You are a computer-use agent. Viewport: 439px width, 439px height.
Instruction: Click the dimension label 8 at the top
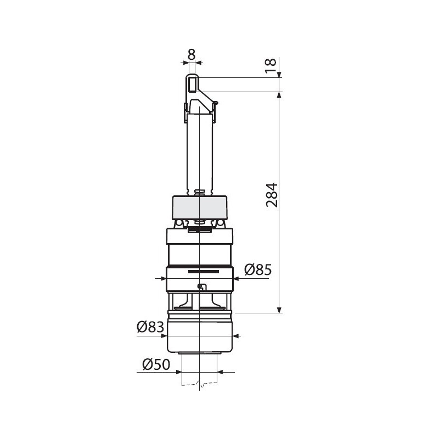coord(192,54)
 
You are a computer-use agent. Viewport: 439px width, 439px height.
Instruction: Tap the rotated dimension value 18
coord(271,65)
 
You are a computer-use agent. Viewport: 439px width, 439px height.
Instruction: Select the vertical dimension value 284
coord(272,195)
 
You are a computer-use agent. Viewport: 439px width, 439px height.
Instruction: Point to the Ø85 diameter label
coord(258,270)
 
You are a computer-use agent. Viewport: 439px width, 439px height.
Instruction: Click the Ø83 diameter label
coord(150,327)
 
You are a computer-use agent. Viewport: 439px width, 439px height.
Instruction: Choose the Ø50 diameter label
coord(156,364)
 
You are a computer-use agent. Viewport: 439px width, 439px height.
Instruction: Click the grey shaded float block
coord(200,207)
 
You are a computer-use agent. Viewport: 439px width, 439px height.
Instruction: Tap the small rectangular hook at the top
coord(192,84)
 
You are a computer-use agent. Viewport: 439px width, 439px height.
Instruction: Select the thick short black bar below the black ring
coord(204,272)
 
